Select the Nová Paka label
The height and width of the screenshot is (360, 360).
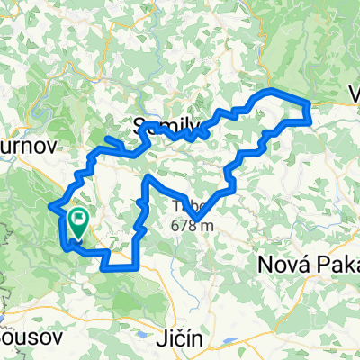click(302, 265)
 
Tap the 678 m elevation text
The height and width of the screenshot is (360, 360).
click(193, 225)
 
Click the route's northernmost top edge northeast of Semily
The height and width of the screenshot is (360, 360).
click(270, 92)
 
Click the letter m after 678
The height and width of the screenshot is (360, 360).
click(208, 225)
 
